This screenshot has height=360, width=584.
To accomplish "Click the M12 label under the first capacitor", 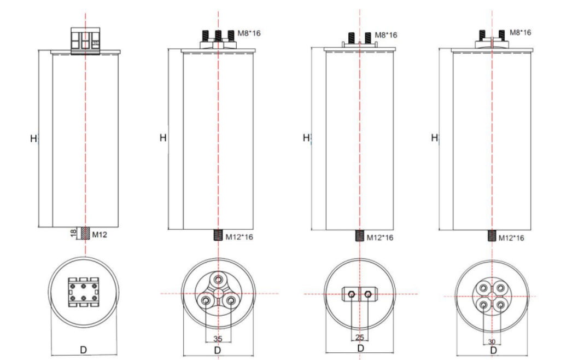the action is click(x=100, y=235).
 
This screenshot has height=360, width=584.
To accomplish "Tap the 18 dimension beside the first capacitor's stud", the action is click(x=74, y=233).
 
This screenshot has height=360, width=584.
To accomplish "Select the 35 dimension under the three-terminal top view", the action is click(x=218, y=339).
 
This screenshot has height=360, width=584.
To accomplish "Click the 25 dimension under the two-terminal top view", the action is click(x=359, y=337).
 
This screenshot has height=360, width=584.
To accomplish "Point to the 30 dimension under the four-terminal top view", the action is click(x=492, y=342).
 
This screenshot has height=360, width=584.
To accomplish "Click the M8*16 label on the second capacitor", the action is click(x=249, y=33).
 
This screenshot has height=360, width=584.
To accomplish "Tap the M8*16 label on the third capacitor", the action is click(x=386, y=35).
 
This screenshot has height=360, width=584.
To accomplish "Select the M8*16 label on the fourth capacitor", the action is click(x=521, y=32).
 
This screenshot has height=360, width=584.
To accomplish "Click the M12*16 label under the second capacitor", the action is click(x=239, y=237).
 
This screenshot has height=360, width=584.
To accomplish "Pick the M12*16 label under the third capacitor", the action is click(x=380, y=238).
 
